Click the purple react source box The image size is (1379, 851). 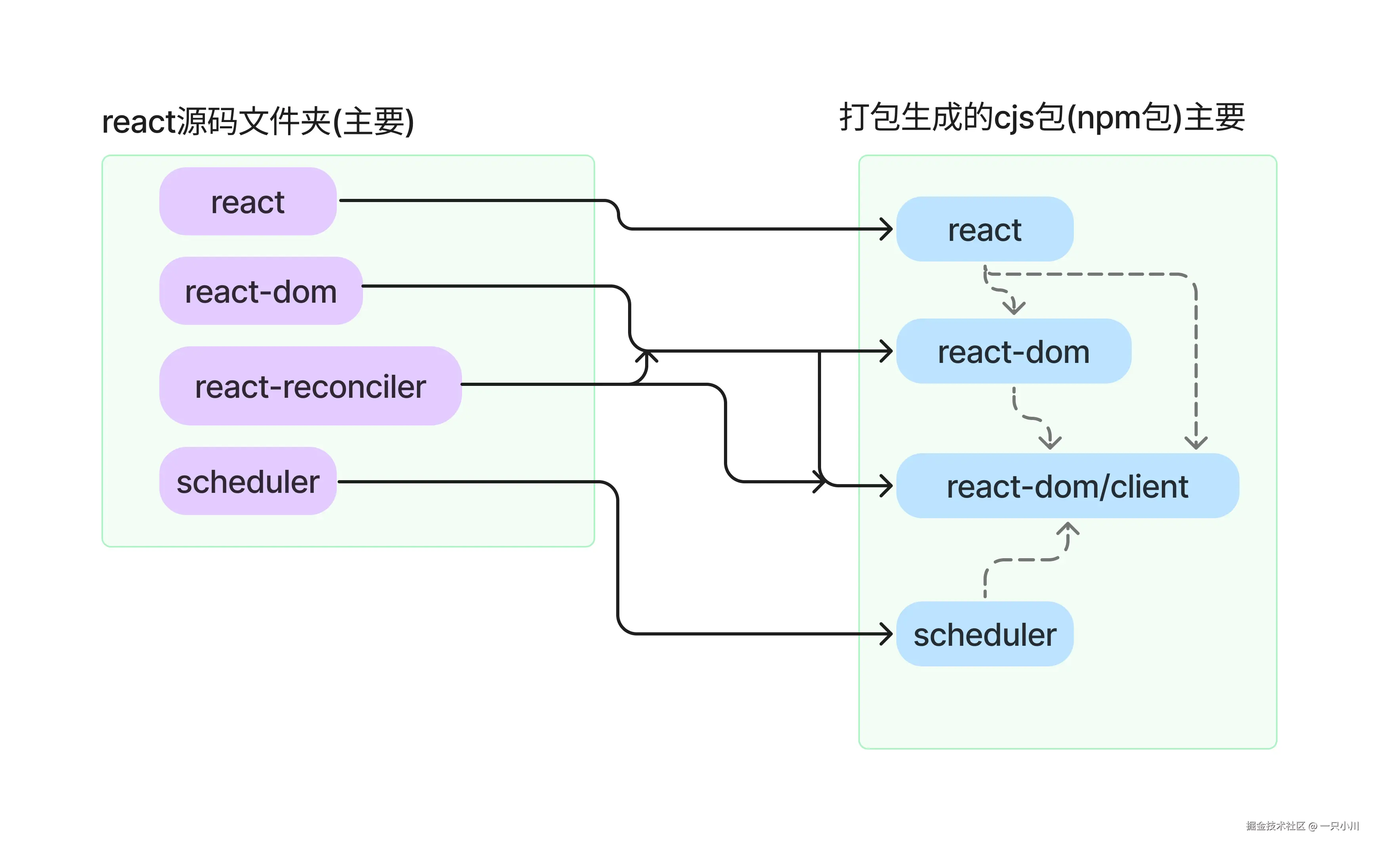pyautogui.click(x=248, y=202)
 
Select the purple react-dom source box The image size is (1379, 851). pyautogui.click(x=261, y=291)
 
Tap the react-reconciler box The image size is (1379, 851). pyautogui.click(x=310, y=386)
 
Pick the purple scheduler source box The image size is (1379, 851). pyautogui.click(x=248, y=481)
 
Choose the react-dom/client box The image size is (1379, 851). pyautogui.click(x=1067, y=486)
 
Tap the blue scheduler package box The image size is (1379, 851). pyautogui.click(x=984, y=634)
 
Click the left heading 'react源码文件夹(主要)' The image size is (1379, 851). pyautogui.click(x=258, y=121)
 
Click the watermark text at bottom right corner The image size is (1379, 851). pyautogui.click(x=1302, y=826)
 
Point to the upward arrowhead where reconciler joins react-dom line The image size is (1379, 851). pyautogui.click(x=646, y=356)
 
